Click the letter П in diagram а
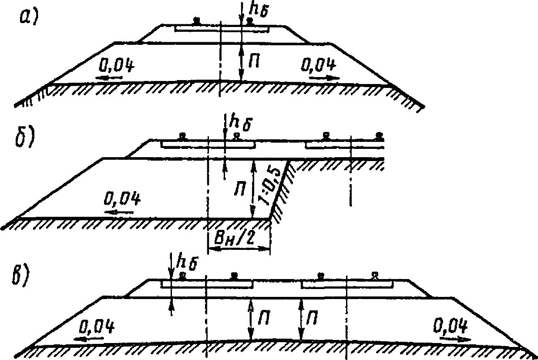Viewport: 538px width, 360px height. coord(256,62)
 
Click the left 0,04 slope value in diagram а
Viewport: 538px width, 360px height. coord(115,66)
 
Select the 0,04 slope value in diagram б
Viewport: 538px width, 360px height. coord(122,200)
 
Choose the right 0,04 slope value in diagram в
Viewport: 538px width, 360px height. coord(451,325)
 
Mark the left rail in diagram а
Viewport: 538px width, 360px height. coord(197,20)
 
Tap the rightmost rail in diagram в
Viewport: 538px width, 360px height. coord(373,275)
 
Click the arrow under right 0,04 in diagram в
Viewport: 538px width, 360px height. coord(455,338)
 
